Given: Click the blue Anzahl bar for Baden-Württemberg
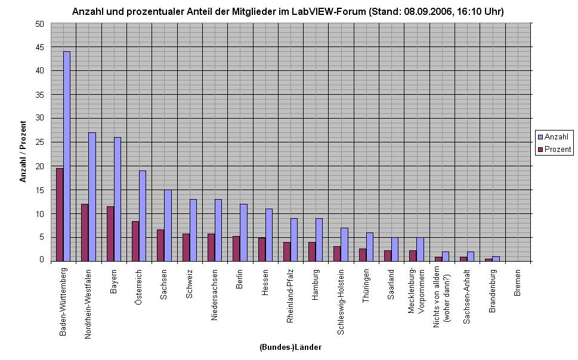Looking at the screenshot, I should click(x=67, y=156).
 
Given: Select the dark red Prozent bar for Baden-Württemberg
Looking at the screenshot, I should click(x=60, y=215).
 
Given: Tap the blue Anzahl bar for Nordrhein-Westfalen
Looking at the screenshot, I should click(x=92, y=197).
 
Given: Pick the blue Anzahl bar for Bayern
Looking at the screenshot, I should click(x=118, y=199).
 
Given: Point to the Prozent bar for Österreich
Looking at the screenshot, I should click(x=135, y=241).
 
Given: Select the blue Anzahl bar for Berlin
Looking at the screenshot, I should click(x=243, y=232).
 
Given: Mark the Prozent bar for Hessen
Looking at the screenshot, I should click(x=262, y=249).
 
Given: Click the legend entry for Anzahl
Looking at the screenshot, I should click(x=555, y=136).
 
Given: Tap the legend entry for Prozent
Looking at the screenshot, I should click(x=555, y=149).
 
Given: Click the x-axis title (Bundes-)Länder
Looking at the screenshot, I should click(x=290, y=347).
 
